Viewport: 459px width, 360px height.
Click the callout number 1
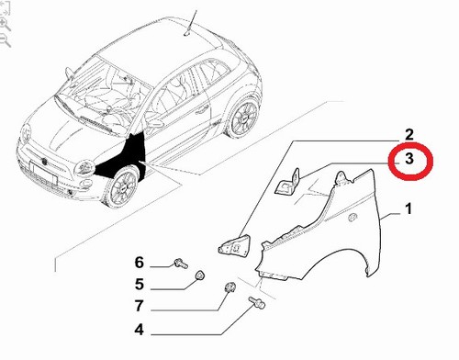tap(409, 209)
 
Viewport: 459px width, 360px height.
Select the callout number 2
tap(409, 135)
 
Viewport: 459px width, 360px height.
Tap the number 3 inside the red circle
tap(409, 159)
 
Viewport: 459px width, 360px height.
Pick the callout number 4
tap(139, 330)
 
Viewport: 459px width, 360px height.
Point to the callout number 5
tap(140, 285)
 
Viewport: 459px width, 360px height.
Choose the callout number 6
tap(140, 263)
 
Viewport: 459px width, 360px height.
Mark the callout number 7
tap(139, 306)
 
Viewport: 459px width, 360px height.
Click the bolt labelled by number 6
tap(181, 264)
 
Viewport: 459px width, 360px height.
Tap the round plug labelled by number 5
tap(200, 276)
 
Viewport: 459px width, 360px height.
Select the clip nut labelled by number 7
tap(229, 287)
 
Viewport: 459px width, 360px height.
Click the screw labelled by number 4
tap(257, 302)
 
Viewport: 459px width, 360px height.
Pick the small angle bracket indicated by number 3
tap(288, 182)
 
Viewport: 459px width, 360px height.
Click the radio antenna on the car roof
tap(191, 23)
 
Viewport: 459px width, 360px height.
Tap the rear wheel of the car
tap(242, 118)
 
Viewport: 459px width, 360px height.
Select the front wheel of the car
tap(122, 186)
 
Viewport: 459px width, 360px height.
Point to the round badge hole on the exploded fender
tap(353, 217)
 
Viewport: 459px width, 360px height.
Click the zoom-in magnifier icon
tap(6, 24)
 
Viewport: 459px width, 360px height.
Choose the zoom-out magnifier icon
tap(6, 40)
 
